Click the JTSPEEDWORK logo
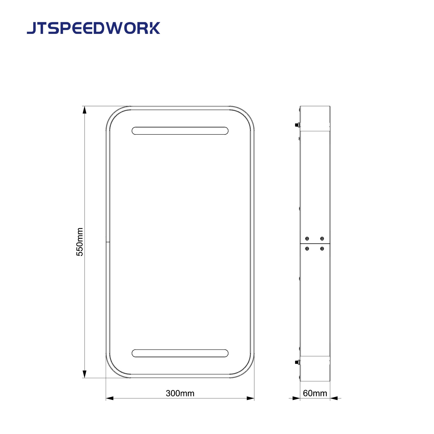pyautogui.click(x=94, y=28)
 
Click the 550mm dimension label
pyautogui.click(x=80, y=242)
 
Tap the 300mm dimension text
pyautogui.click(x=180, y=393)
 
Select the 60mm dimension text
pyautogui.click(x=315, y=393)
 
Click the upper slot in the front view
pyautogui.click(x=180, y=131)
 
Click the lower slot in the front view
pyautogui.click(x=180, y=353)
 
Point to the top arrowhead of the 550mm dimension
pyautogui.click(x=84, y=110)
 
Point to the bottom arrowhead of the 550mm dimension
pyautogui.click(x=84, y=374)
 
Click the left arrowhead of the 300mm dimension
pyautogui.click(x=110, y=398)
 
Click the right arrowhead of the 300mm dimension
pyautogui.click(x=250, y=398)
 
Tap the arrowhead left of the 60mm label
pyautogui.click(x=296, y=398)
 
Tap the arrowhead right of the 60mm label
pyautogui.click(x=334, y=398)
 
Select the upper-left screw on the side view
pyautogui.click(x=307, y=239)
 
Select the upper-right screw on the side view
pyautogui.click(x=322, y=239)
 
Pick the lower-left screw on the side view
pyautogui.click(x=307, y=249)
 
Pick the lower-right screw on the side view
pyautogui.click(x=322, y=249)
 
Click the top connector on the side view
pyautogui.click(x=297, y=125)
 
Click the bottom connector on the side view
pyautogui.click(x=297, y=362)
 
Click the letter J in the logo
pyautogui.click(x=31, y=28)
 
